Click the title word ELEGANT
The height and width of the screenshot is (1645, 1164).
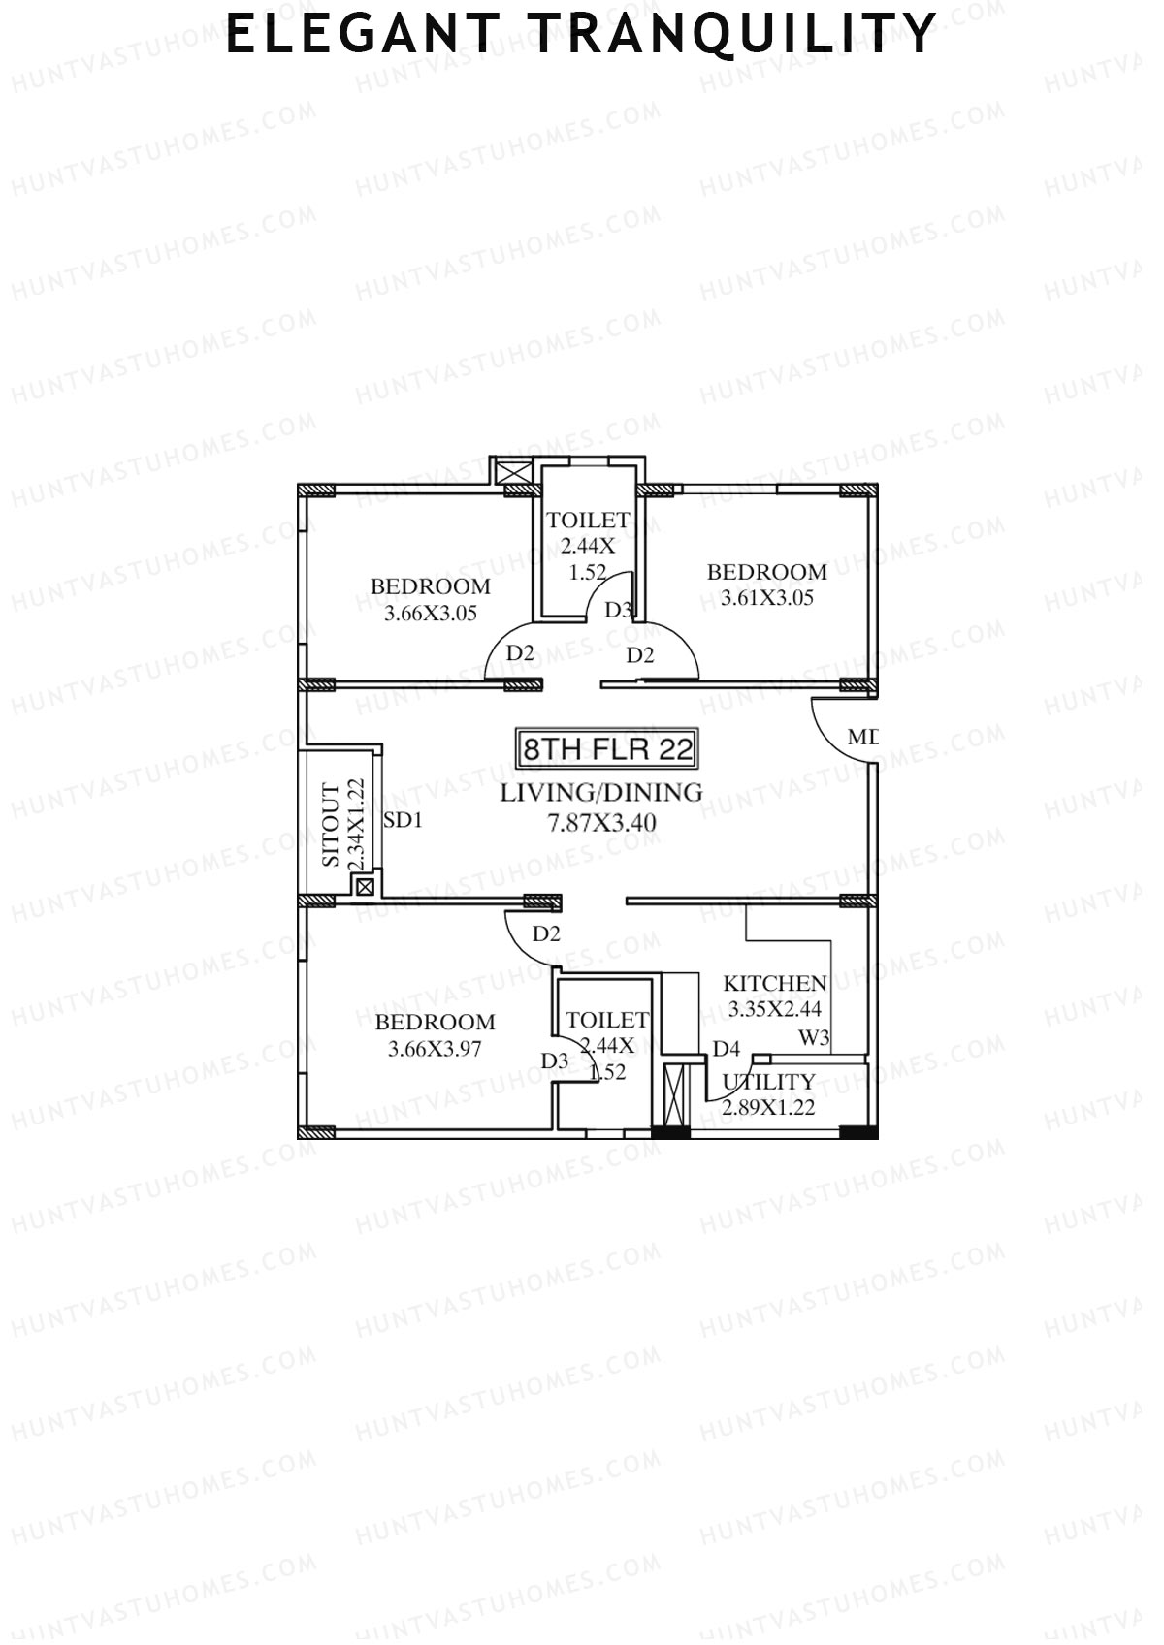pyautogui.click(x=362, y=35)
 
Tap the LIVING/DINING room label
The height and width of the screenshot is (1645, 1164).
pyautogui.click(x=601, y=793)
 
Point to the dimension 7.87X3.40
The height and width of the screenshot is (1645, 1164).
pyautogui.click(x=601, y=823)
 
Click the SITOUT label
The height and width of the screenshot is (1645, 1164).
pyautogui.click(x=332, y=826)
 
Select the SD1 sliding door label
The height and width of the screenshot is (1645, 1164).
pyautogui.click(x=404, y=821)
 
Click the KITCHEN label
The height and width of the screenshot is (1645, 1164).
pyautogui.click(x=775, y=984)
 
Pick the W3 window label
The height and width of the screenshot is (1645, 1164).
pyautogui.click(x=814, y=1038)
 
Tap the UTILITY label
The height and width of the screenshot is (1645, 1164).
pyautogui.click(x=769, y=1082)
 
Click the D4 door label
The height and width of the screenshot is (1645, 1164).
pyautogui.click(x=727, y=1049)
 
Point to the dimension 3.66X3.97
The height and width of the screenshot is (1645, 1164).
pyautogui.click(x=435, y=1048)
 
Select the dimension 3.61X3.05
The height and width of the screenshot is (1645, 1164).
pyautogui.click(x=767, y=598)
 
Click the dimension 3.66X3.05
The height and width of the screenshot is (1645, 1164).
pyautogui.click(x=431, y=613)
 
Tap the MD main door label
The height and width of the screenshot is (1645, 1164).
pyautogui.click(x=862, y=738)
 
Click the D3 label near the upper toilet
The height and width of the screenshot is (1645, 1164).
pyautogui.click(x=619, y=611)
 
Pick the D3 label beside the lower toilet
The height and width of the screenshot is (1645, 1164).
pyautogui.click(x=555, y=1061)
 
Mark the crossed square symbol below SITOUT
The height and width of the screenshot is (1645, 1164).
pyautogui.click(x=365, y=885)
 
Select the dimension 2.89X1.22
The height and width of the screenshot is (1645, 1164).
pyautogui.click(x=768, y=1107)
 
